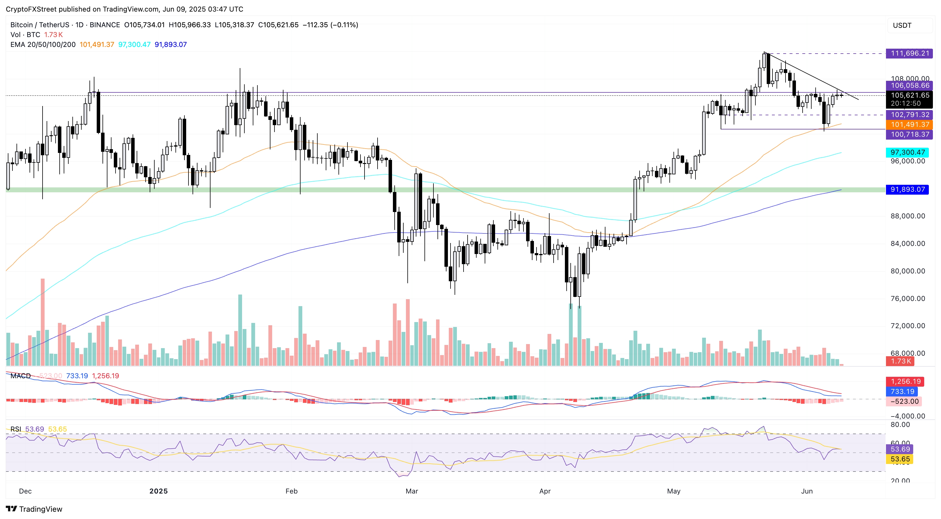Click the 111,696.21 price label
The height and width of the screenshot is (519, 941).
(909, 53)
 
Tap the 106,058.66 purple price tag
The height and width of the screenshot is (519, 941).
(909, 85)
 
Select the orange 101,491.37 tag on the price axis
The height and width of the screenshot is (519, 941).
(909, 125)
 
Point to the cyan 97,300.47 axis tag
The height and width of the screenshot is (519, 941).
(907, 152)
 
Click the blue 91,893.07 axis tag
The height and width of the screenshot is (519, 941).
(907, 189)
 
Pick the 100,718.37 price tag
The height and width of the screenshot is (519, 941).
(909, 134)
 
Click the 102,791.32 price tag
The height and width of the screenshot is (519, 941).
(909, 115)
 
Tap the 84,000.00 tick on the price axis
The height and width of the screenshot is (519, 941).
(907, 243)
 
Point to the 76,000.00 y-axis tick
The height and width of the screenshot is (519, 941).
(907, 299)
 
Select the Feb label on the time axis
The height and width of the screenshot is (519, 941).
(291, 491)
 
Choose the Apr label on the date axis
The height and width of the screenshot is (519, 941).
(545, 491)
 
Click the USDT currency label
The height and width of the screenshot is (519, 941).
(902, 25)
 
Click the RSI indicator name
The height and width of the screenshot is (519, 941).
(16, 429)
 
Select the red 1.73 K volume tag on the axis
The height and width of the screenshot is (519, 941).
(901, 361)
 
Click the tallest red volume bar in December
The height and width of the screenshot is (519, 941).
(43, 322)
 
